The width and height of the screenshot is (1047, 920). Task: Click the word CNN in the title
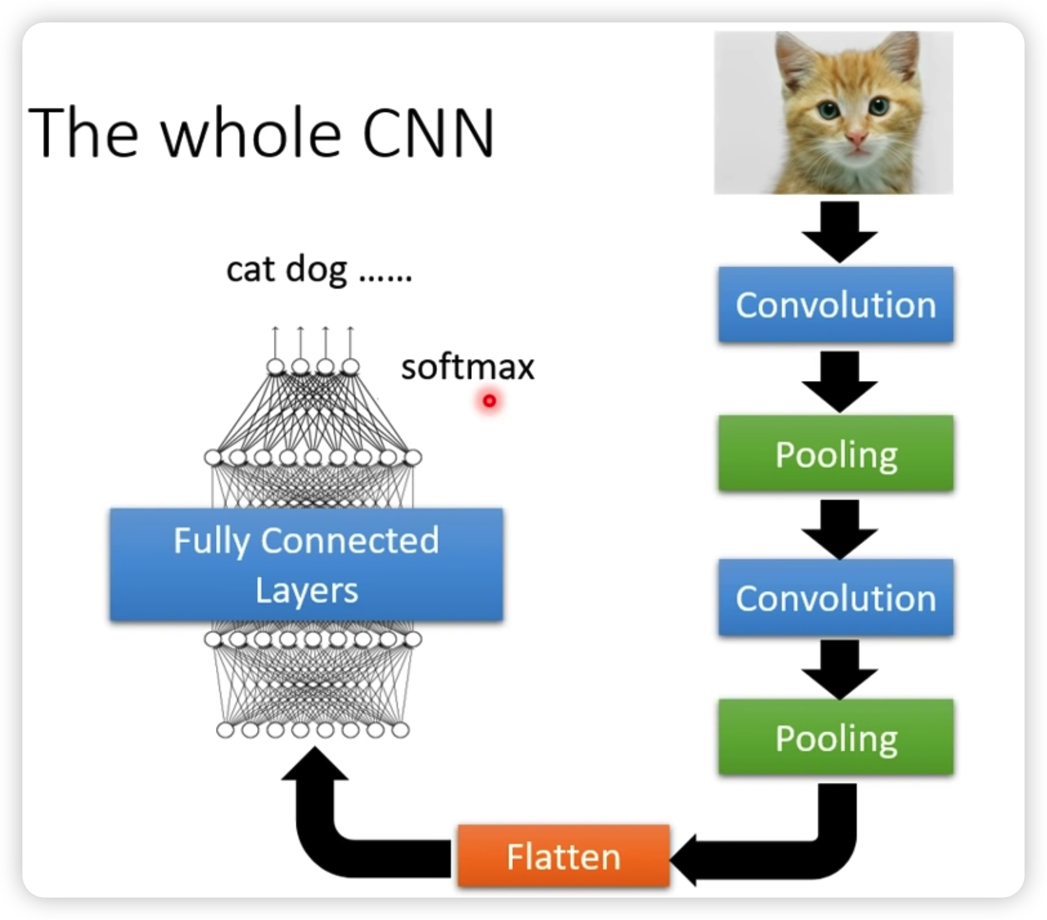point(428,133)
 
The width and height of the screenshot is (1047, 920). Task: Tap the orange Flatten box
point(563,856)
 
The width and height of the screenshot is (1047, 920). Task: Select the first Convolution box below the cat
point(835,305)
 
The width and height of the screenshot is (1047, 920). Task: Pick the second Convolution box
point(835,598)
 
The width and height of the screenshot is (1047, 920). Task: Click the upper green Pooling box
point(835,454)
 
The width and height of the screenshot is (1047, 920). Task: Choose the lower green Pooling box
point(835,738)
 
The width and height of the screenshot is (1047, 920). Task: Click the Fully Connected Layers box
point(306,565)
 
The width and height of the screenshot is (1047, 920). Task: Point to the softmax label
point(467,367)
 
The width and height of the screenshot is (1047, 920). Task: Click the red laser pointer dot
point(489,401)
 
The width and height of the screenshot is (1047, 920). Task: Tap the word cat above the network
point(250,270)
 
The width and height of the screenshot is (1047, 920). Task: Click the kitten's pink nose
point(857,136)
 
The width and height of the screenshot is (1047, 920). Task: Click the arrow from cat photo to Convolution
point(839,230)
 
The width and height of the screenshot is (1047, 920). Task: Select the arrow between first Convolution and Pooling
point(839,380)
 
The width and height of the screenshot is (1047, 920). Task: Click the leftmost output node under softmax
point(275,367)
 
